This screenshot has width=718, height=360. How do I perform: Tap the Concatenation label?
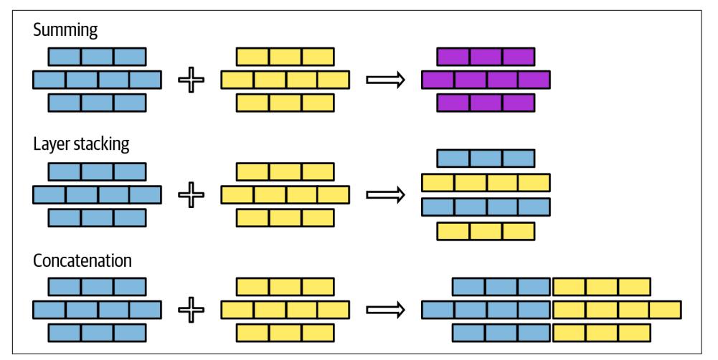click(x=82, y=260)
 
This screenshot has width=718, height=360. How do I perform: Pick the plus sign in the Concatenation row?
click(x=191, y=311)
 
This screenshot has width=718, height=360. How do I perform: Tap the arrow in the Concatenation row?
click(x=387, y=311)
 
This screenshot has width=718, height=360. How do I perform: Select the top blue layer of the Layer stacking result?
click(x=486, y=158)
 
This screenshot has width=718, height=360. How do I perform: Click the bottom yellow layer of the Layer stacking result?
click(x=486, y=231)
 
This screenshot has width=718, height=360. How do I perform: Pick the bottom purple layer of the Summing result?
click(x=486, y=103)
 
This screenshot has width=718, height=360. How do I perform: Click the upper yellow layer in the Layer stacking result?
click(x=486, y=183)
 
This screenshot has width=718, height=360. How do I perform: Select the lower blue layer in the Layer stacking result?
click(x=486, y=207)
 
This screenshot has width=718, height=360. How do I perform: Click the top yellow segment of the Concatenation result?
click(x=602, y=287)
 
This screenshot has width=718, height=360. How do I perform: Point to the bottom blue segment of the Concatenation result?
click(x=501, y=333)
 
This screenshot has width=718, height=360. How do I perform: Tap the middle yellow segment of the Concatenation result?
click(x=617, y=310)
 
